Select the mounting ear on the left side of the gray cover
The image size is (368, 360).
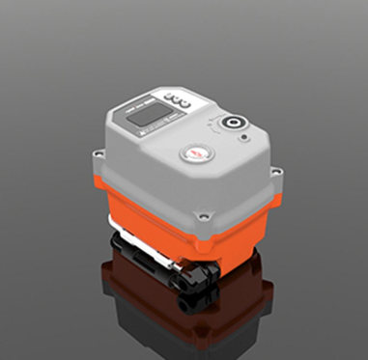coord(99,153)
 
